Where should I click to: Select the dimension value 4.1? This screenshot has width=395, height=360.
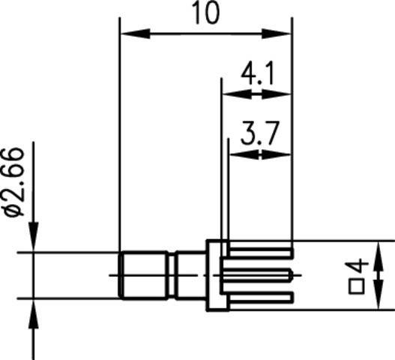pos(256,75)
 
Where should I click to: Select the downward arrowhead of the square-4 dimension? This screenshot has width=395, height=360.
pos(379,299)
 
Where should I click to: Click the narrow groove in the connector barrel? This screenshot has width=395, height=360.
pos(174,275)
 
